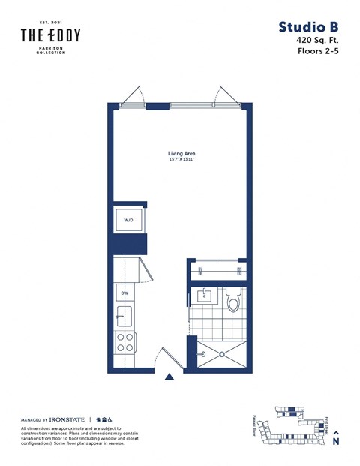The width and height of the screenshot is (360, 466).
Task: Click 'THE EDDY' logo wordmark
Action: [50, 35]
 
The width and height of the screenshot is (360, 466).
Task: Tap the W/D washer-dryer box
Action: [129, 221]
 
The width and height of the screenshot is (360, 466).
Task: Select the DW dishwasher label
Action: [124, 293]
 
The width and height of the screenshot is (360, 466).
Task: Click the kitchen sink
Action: [124, 315]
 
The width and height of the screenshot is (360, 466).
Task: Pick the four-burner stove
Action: [124, 343]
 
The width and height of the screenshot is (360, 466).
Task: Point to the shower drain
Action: [202, 353]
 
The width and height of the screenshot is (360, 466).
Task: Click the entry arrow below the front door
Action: [170, 378]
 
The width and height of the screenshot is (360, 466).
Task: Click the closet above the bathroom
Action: [217, 269]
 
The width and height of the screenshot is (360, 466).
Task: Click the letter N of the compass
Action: [336, 442]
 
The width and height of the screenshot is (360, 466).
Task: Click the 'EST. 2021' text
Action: [50, 23]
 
